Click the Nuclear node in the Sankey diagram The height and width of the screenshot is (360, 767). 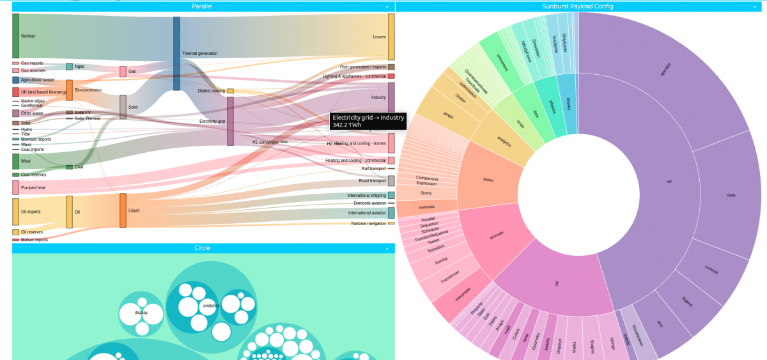(16, 36)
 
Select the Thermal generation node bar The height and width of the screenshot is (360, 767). (176, 53)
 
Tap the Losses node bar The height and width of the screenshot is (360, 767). (391, 36)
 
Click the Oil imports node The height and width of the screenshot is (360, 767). (16, 212)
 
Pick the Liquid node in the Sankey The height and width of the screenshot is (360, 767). (123, 210)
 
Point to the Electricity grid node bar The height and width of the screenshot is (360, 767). (230, 121)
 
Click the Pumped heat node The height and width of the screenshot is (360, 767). (15, 187)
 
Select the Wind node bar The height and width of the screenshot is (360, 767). (16, 161)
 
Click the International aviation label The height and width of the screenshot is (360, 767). (367, 213)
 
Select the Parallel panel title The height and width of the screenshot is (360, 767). (202, 6)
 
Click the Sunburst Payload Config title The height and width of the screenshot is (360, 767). (577, 6)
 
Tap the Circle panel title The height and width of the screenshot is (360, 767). (202, 248)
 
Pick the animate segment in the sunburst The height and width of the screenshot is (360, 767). (496, 235)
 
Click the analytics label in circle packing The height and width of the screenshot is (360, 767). (211, 306)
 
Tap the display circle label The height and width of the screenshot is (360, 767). (141, 313)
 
